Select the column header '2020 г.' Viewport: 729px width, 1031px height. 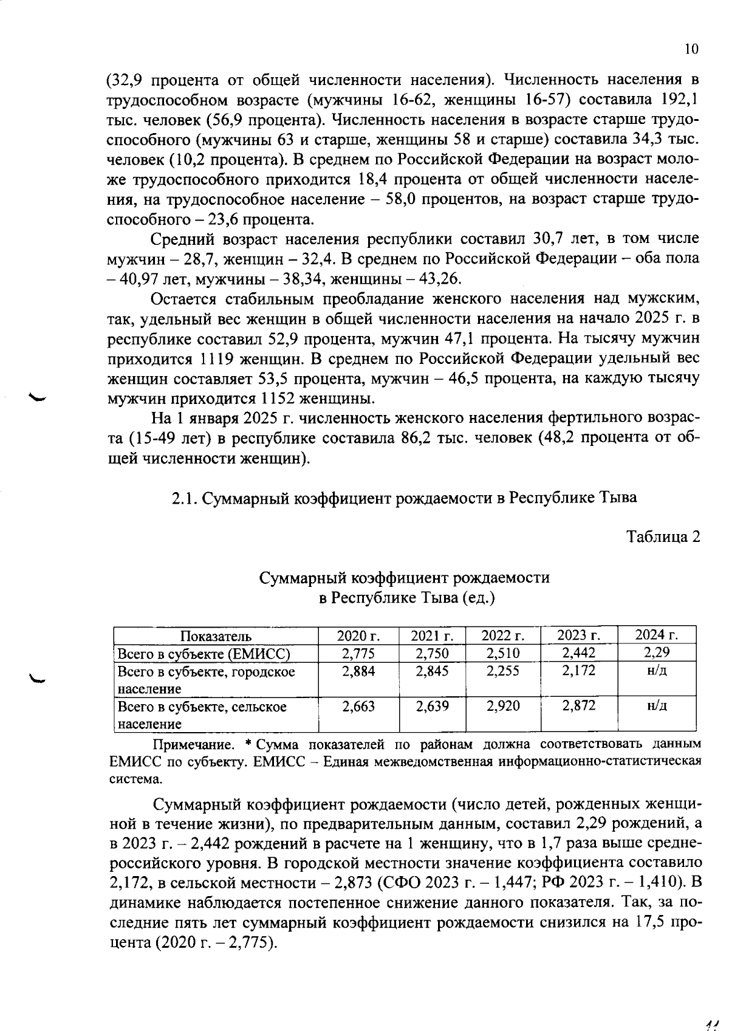coord(358,636)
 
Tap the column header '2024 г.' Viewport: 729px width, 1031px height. coord(656,635)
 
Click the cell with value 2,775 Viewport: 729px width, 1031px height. coord(358,654)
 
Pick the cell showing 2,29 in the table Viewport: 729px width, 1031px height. coord(656,653)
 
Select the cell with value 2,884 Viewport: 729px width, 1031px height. coord(358,671)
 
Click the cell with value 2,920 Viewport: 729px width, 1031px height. coord(504,707)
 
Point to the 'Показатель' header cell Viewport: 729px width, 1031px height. coord(216,636)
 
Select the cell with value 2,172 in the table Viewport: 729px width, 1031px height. coord(578,671)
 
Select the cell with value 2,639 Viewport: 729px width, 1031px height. coord(432,707)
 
